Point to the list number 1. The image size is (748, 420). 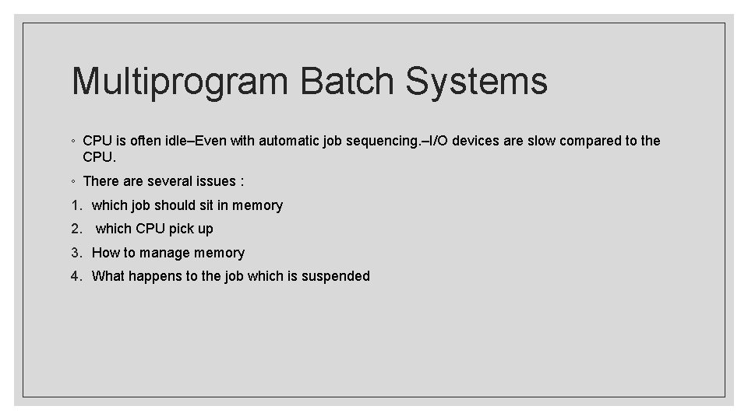point(75,205)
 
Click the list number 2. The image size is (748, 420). point(75,229)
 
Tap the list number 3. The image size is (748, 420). point(75,253)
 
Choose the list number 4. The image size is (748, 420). point(75,276)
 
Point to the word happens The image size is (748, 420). point(153,277)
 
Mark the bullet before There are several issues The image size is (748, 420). point(72,182)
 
